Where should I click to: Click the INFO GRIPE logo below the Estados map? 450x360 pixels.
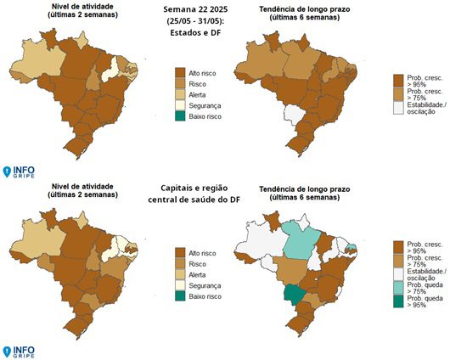(19, 173)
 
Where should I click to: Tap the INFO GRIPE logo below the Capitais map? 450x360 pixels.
(19, 350)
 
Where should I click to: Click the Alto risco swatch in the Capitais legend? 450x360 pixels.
(179, 252)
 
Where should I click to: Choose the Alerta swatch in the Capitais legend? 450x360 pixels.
(179, 275)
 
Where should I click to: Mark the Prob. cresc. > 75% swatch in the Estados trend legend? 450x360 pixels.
(399, 93)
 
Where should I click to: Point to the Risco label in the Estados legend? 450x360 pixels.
(197, 86)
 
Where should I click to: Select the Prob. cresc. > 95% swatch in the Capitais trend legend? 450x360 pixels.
(399, 246)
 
